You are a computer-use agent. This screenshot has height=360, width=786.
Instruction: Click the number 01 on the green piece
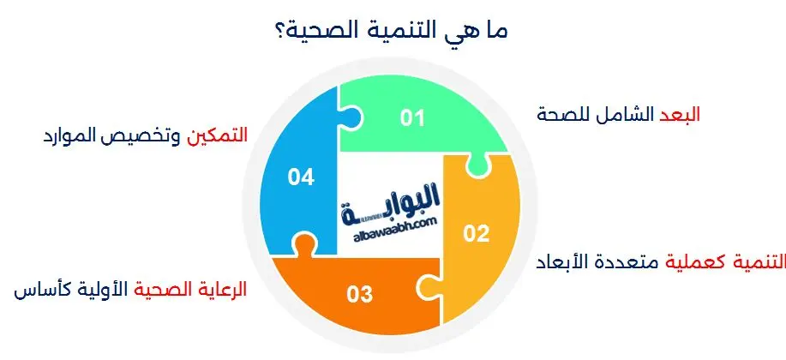pyautogui.click(x=413, y=118)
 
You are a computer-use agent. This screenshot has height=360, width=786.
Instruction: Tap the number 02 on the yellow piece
pyautogui.click(x=476, y=232)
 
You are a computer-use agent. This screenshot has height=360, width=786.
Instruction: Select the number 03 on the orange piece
pyautogui.click(x=360, y=295)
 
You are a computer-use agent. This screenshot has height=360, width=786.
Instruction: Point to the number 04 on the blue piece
pyautogui.click(x=301, y=177)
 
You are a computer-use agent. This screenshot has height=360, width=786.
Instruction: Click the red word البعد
pyautogui.click(x=681, y=115)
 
